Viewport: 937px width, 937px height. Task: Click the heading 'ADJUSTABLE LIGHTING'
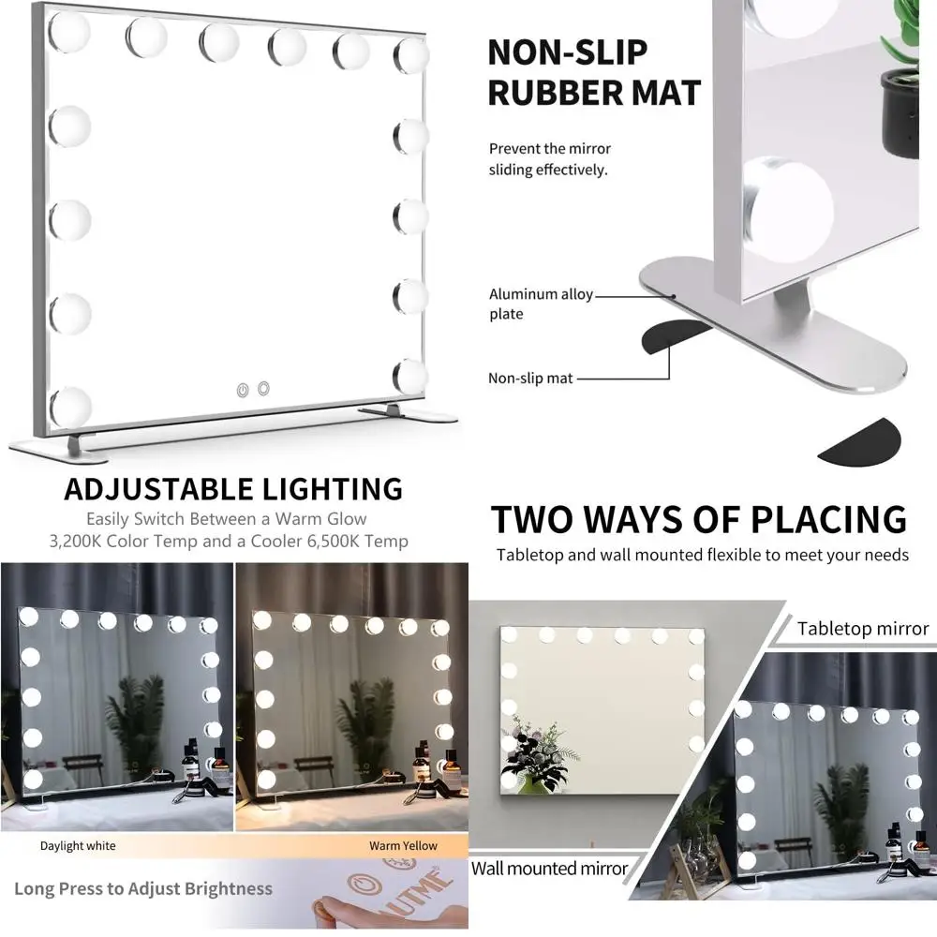pyautogui.click(x=233, y=488)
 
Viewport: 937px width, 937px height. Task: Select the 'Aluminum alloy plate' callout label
pyautogui.click(x=541, y=304)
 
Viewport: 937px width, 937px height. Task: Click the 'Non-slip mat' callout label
pyautogui.click(x=530, y=379)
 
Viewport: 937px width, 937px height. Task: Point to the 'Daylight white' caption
pyautogui.click(x=78, y=846)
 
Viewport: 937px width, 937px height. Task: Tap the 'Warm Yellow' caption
pyautogui.click(x=403, y=846)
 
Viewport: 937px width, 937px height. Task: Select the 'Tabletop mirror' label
pyautogui.click(x=863, y=629)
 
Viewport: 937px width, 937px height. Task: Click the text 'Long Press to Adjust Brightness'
pyautogui.click(x=143, y=888)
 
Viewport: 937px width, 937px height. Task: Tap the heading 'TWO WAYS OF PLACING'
pyautogui.click(x=699, y=518)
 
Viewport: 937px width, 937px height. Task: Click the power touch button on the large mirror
pyautogui.click(x=242, y=388)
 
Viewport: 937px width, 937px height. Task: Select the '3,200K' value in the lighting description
pyautogui.click(x=82, y=541)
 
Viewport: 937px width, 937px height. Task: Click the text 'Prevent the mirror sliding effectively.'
pyautogui.click(x=549, y=159)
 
